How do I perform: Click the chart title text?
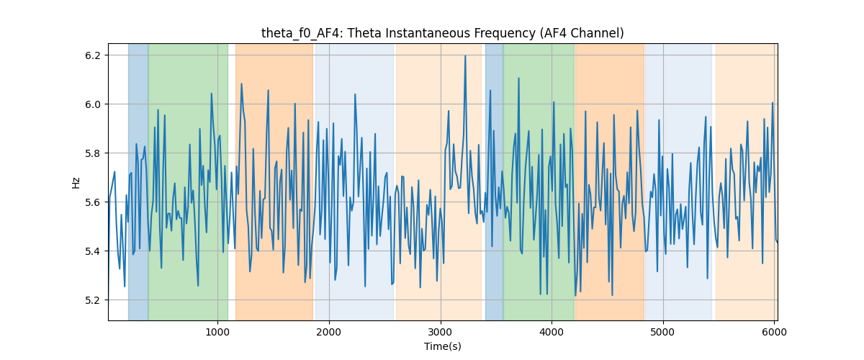442,33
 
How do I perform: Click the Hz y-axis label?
76,183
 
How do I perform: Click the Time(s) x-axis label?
442,346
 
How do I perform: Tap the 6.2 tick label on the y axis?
93,55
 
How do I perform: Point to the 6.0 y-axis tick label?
93,104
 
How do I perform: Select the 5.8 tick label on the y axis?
93,153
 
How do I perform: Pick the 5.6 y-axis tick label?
93,202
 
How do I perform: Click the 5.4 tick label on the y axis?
93,251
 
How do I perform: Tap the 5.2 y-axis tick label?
93,300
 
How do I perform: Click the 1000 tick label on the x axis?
217,332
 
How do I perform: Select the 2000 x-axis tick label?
329,332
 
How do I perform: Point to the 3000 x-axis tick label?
441,332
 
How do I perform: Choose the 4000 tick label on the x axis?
552,332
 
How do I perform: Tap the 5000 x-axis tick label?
663,332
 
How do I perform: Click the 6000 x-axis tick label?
774,332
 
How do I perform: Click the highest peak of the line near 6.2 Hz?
465,55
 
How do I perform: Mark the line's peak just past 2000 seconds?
333,123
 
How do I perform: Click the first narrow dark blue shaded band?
138,181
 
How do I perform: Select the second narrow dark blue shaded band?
494,181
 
